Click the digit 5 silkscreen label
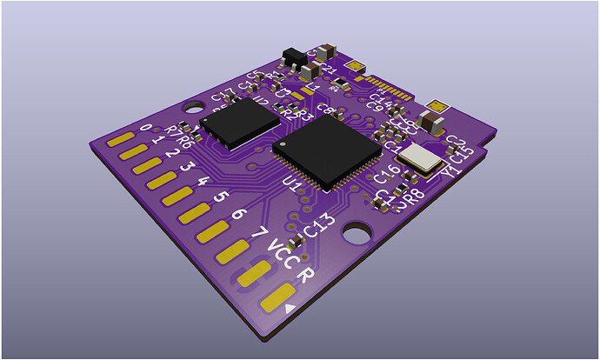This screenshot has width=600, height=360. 221,197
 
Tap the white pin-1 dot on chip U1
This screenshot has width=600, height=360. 283,143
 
